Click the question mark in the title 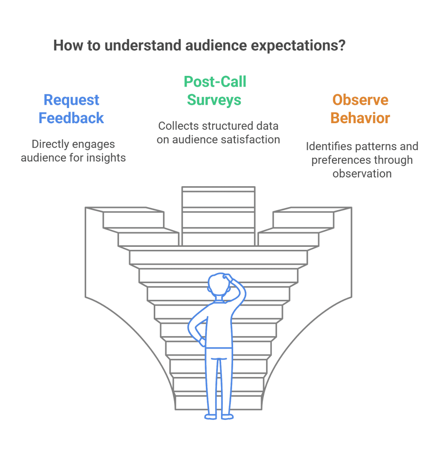click(342, 46)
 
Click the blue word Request click(71, 100)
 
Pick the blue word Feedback click(71, 118)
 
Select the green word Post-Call click(215, 82)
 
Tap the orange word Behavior click(360, 118)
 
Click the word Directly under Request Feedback click(51, 144)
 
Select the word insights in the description click(107, 158)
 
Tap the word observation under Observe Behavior click(362, 174)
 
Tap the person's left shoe click(211, 416)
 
